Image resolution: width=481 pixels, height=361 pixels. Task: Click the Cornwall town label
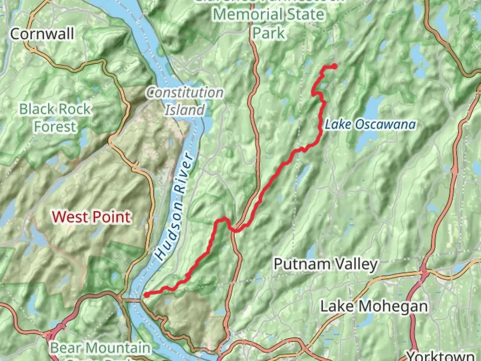(42, 34)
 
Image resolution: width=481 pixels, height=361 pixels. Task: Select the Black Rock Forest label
(55, 118)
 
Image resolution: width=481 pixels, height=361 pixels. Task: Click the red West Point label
(91, 217)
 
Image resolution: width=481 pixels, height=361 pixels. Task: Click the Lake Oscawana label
(370, 124)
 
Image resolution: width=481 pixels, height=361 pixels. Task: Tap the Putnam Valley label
(325, 264)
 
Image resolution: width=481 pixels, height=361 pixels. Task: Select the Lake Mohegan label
(374, 306)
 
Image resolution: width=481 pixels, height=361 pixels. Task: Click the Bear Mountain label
(100, 348)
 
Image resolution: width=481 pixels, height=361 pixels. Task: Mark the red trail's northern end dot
(334, 66)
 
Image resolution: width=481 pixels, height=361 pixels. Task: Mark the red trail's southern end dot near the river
(146, 295)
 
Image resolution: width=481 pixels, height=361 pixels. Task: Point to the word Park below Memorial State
(269, 33)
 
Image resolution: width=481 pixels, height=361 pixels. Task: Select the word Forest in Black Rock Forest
(55, 127)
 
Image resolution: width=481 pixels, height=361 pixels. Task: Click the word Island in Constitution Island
(185, 110)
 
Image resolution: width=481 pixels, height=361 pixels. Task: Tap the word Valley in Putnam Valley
(356, 264)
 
